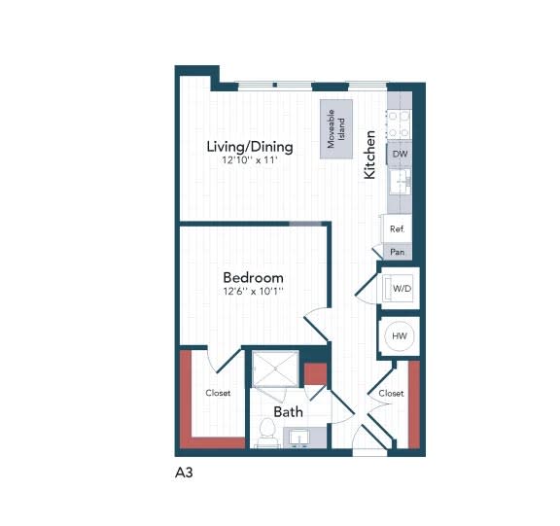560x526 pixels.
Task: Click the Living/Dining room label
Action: point(250,147)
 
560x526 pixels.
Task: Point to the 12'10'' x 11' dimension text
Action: point(250,161)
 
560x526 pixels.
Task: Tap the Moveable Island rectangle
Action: point(337,126)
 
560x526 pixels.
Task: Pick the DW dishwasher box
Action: point(400,155)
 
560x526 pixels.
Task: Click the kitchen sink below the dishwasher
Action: point(400,182)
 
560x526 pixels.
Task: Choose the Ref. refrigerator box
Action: point(397,228)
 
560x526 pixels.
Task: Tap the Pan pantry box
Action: point(397,251)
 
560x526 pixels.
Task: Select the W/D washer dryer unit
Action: point(400,288)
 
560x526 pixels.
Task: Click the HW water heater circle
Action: point(399,335)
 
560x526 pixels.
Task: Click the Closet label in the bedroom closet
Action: point(218,394)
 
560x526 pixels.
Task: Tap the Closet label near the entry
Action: point(391,394)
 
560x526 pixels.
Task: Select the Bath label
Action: point(288,412)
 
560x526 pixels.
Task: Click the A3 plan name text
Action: point(184,476)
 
